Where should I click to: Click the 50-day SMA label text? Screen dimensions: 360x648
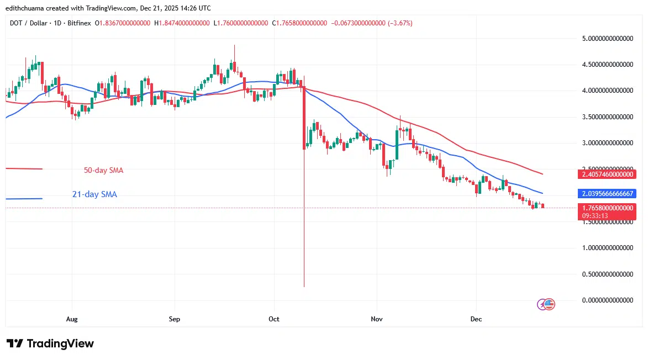pyautogui.click(x=103, y=171)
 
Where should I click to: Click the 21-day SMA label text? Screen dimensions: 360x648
pyautogui.click(x=94, y=194)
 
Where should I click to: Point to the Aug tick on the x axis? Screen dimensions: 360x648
pyautogui.click(x=71, y=319)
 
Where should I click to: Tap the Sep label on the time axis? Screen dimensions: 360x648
pyautogui.click(x=174, y=319)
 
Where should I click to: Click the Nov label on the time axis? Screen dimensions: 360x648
pyautogui.click(x=377, y=319)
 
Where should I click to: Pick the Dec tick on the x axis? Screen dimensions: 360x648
pyautogui.click(x=476, y=319)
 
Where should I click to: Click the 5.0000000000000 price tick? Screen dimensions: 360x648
pyautogui.click(x=608, y=39)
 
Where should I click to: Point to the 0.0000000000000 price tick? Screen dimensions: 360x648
pyautogui.click(x=608, y=300)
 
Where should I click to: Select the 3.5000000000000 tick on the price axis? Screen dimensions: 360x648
pyautogui.click(x=608, y=117)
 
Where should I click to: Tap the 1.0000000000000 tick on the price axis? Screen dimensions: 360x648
pyautogui.click(x=608, y=248)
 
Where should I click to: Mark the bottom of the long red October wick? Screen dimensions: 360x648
pyautogui.click(x=304, y=286)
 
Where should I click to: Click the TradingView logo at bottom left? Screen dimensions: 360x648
pyautogui.click(x=50, y=343)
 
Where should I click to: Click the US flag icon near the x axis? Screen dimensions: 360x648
pyautogui.click(x=550, y=304)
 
